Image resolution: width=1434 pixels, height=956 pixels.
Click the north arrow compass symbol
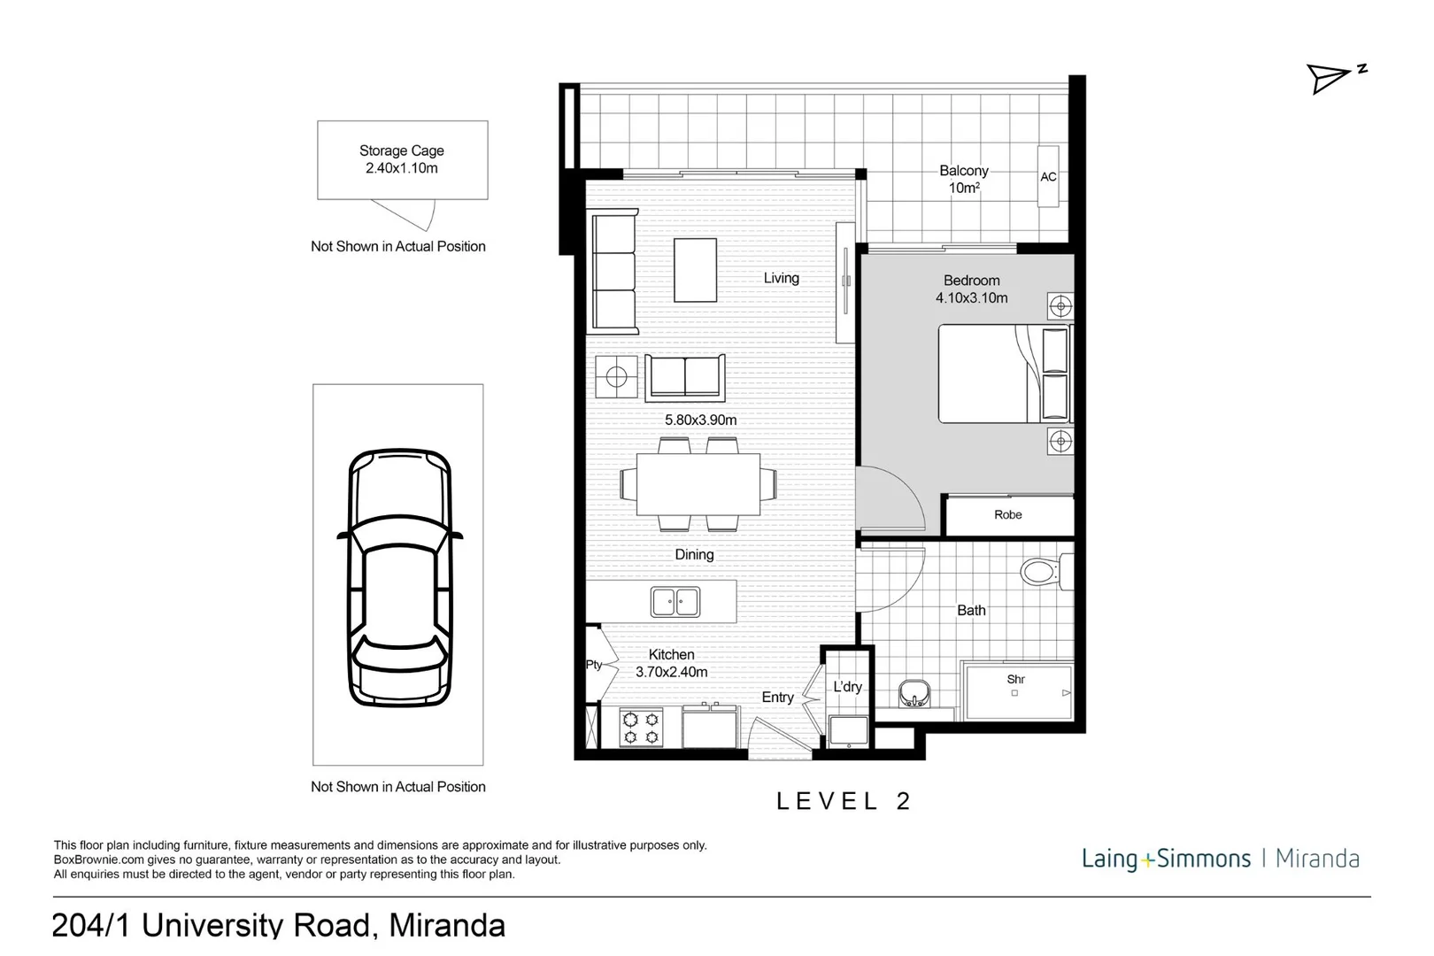point(1334,78)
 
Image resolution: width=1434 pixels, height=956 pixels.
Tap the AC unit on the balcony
point(1048,177)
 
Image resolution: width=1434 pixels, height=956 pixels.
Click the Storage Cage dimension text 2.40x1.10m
point(401,168)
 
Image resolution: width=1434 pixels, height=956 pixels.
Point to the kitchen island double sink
point(675,602)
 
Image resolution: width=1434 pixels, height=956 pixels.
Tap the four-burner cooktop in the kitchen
point(641,727)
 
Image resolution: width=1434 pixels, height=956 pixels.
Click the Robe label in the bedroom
point(1007,514)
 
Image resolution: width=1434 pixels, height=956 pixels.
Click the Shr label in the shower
point(1015,679)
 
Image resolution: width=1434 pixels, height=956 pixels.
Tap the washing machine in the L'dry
point(848,731)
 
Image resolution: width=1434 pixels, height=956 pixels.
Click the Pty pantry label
point(594,664)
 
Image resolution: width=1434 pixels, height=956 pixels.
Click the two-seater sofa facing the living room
point(685,377)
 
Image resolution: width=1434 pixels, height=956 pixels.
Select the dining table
point(698,484)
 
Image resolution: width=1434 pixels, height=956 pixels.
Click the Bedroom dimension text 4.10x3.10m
point(971,298)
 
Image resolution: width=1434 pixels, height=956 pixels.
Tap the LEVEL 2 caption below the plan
point(844,801)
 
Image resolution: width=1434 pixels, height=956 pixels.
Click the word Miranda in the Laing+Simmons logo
point(1316,858)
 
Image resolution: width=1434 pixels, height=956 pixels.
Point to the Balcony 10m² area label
point(963,179)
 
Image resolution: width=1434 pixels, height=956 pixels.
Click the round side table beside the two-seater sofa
point(616,378)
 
